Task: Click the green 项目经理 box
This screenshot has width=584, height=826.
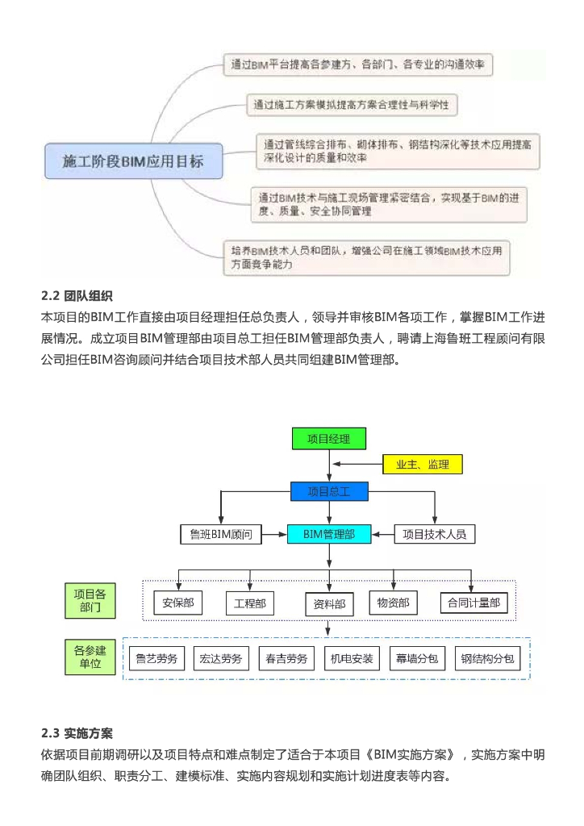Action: tap(328, 439)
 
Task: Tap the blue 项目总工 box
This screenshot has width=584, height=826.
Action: tap(328, 491)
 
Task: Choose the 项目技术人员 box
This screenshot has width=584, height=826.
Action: tap(434, 533)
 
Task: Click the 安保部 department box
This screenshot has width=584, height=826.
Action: tap(177, 603)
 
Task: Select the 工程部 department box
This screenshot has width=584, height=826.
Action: tap(250, 603)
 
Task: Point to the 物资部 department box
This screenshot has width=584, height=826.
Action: tap(394, 602)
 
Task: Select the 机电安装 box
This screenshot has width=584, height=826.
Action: tap(352, 658)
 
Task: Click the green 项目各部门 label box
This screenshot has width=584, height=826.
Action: tap(90, 601)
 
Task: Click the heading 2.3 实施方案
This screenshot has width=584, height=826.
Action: tap(77, 733)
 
